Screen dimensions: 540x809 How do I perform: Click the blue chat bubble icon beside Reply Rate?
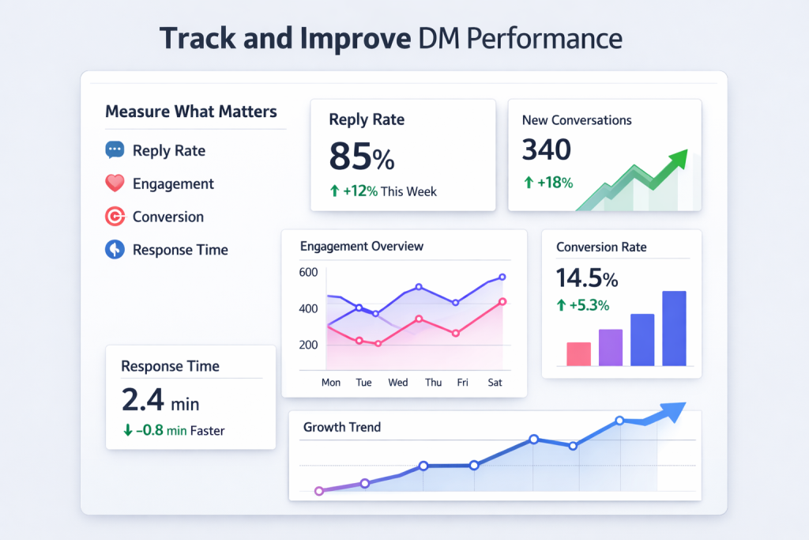(115, 150)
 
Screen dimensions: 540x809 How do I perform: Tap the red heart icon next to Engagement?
(115, 183)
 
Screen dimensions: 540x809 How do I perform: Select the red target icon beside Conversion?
(115, 217)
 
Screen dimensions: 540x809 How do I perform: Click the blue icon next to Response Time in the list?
(115, 250)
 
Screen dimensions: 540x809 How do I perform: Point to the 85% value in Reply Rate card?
(361, 157)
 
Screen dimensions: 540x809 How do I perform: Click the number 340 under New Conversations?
(547, 149)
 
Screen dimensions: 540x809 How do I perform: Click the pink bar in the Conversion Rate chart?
(578, 353)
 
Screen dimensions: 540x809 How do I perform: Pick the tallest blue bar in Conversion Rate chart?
(673, 328)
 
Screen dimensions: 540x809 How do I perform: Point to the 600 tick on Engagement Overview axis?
(309, 273)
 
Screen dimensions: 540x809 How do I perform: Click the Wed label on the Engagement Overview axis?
(398, 383)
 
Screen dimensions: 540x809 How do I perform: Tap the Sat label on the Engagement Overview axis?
(495, 383)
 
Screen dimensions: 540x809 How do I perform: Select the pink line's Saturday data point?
(502, 301)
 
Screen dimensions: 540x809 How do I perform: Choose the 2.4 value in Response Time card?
(143, 400)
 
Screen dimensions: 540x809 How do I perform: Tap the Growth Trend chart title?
(341, 427)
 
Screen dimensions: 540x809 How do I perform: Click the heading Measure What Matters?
(191, 111)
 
